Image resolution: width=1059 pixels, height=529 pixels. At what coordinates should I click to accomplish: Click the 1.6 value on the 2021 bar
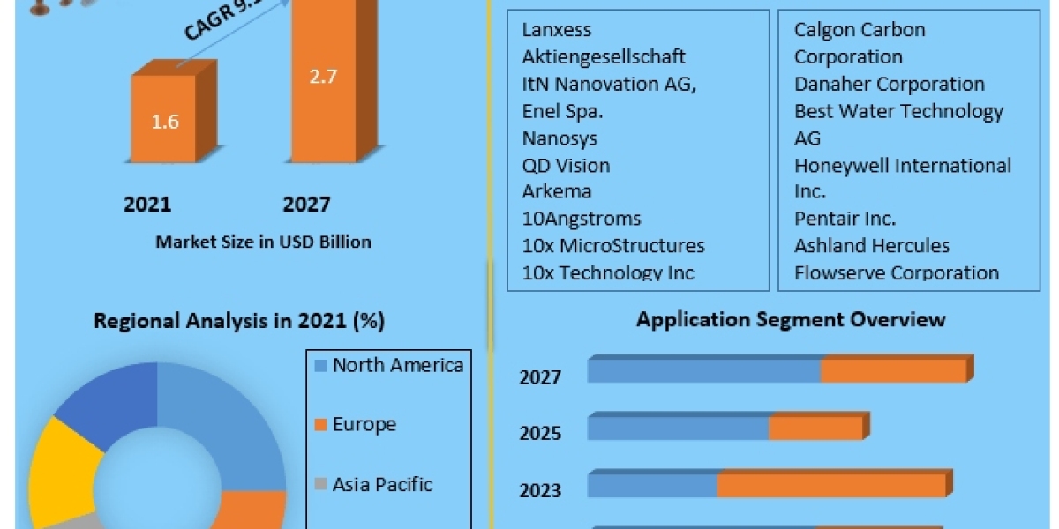tap(165, 122)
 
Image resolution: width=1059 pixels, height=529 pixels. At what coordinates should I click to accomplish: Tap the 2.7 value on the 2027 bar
tap(322, 76)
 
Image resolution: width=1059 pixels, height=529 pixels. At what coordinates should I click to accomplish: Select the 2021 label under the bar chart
tap(147, 205)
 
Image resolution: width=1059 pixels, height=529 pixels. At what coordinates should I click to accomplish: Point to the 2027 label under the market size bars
tap(306, 205)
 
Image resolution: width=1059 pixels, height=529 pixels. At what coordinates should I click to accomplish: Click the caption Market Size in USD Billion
tap(263, 242)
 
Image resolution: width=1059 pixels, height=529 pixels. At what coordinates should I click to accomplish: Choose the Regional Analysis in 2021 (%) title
tap(239, 321)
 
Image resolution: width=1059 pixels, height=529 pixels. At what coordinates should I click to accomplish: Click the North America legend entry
tap(397, 365)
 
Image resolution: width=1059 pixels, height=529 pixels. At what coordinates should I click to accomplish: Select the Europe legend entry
tap(364, 424)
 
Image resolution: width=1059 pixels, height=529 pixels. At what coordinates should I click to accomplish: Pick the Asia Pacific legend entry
tap(382, 484)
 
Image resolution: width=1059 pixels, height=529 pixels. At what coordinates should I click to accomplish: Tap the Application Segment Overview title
tap(791, 319)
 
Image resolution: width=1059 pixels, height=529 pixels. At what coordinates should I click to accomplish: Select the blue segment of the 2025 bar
tap(678, 428)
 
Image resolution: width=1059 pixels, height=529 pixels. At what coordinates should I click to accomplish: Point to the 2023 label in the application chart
tap(540, 490)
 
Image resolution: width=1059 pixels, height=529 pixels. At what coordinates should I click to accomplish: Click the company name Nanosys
tap(560, 138)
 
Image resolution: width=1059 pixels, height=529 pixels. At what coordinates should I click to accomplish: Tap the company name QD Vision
tap(566, 166)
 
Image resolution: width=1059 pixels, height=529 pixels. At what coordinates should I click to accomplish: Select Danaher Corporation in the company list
tap(889, 85)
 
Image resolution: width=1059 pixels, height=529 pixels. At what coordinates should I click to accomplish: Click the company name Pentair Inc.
tap(845, 219)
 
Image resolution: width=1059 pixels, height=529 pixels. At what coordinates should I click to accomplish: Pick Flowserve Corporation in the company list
tap(896, 272)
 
